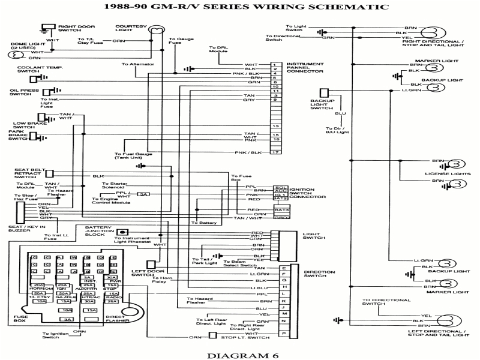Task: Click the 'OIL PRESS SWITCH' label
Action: [x=19, y=92]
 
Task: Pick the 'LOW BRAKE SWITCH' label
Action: [x=24, y=124]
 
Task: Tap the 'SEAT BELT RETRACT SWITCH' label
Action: [x=26, y=173]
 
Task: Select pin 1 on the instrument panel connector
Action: [x=275, y=64]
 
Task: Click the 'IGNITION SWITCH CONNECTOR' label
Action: [x=309, y=193]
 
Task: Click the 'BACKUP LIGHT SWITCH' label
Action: [x=321, y=103]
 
